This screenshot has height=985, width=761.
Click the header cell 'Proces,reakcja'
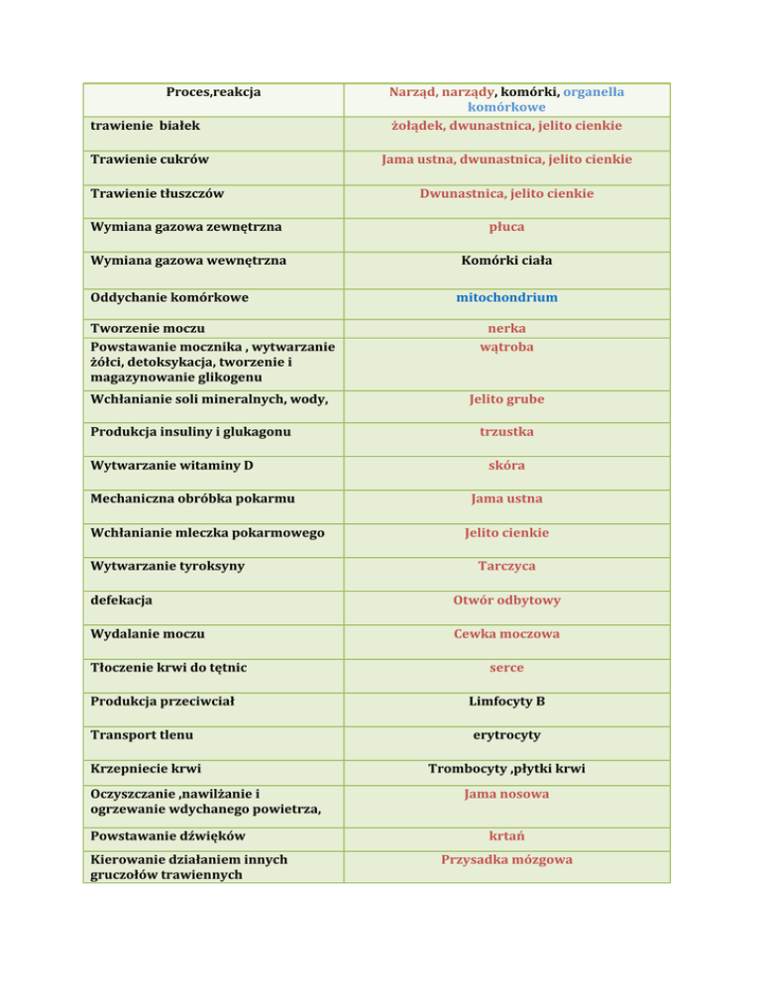[x=214, y=91]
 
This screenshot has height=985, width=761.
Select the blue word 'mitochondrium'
[x=506, y=296]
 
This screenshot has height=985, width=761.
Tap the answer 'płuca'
[x=506, y=228]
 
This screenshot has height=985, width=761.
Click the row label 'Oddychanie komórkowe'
[x=169, y=296]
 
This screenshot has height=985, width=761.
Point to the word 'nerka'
[x=506, y=328]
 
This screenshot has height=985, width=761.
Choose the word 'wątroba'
[x=506, y=348]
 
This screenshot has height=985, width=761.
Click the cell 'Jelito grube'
[x=506, y=399]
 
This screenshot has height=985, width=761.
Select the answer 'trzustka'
[x=506, y=432]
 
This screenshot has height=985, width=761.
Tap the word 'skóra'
[x=506, y=466]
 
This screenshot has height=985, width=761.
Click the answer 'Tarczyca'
[x=506, y=566]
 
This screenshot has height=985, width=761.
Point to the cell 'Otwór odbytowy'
[x=506, y=600]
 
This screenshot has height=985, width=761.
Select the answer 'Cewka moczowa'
[x=506, y=633]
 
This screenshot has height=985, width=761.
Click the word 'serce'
[x=506, y=667]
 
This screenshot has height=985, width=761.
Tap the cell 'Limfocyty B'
[x=506, y=701]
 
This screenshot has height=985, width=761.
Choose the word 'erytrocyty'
[x=506, y=734]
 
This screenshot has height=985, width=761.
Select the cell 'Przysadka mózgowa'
[x=506, y=860]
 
